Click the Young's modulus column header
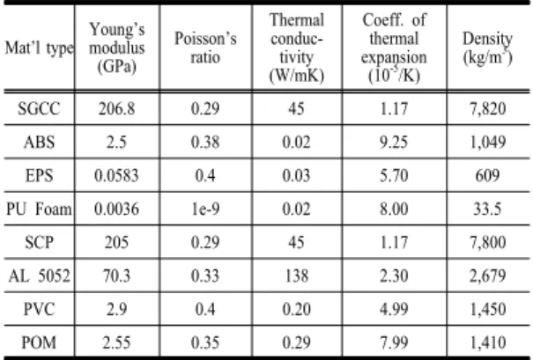tap(117, 48)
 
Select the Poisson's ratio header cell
tap(205, 48)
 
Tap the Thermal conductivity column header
tap(297, 48)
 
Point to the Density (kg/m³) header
tap(487, 48)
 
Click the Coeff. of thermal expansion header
tap(394, 48)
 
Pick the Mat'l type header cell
tap(39, 48)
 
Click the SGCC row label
tap(39, 108)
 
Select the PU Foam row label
tap(39, 209)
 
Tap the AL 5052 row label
tap(39, 276)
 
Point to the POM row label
tap(39, 342)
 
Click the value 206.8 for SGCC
tap(117, 108)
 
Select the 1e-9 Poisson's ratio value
tap(205, 209)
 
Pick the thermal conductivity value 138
tap(297, 276)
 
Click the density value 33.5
tap(487, 209)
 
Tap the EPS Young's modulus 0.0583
tap(116, 175)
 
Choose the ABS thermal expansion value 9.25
tap(394, 142)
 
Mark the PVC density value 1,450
tap(488, 309)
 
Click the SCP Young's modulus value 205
tap(117, 242)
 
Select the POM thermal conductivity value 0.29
tap(296, 342)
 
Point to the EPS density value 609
tap(487, 175)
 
